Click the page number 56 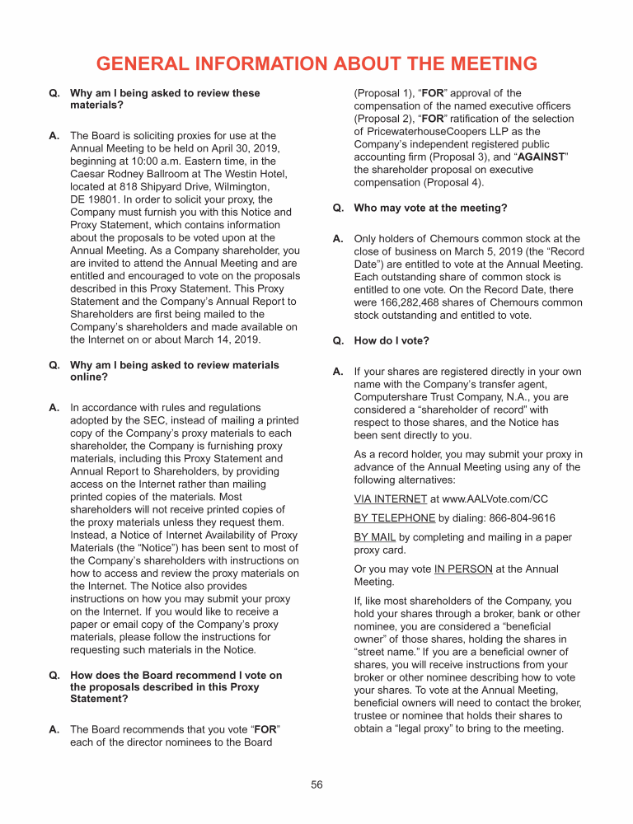pyautogui.click(x=316, y=784)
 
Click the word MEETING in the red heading pyautogui.click(x=486, y=64)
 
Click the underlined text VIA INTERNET pyautogui.click(x=391, y=499)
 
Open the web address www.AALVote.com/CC pyautogui.click(x=495, y=499)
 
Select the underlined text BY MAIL pyautogui.click(x=375, y=537)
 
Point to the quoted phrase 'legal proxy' pyautogui.click(x=424, y=728)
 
